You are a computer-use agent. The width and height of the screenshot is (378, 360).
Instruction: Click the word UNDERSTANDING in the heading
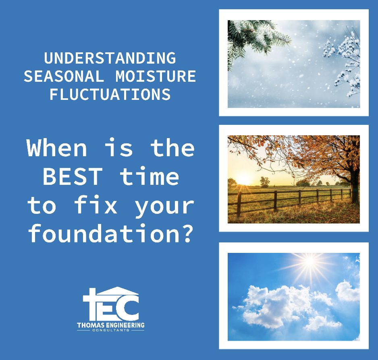[110, 58]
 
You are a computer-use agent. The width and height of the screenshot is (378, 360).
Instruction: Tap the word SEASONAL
[64, 76]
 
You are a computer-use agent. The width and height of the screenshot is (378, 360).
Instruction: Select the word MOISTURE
[156, 76]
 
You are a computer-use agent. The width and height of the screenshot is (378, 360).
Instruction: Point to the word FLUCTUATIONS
[110, 94]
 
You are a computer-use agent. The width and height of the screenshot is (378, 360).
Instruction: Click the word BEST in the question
[73, 176]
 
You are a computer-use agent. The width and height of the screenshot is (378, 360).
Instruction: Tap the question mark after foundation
[187, 233]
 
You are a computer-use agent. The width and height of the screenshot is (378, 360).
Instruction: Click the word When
[57, 148]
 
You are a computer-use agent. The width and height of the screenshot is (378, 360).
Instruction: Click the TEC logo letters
[111, 305]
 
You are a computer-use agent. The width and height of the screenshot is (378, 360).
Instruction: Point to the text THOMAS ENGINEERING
[111, 325]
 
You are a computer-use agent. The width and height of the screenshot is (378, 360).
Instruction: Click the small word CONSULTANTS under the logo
[111, 330]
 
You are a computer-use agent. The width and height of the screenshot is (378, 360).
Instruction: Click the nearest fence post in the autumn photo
[239, 204]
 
